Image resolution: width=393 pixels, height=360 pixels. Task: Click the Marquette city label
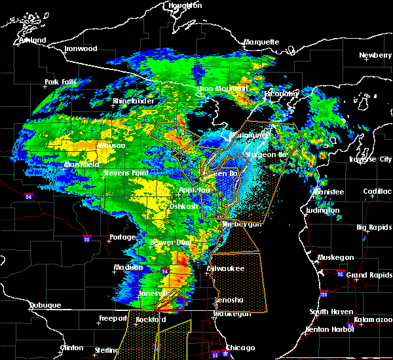click(261, 43)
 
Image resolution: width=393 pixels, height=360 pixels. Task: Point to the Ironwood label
click(81, 49)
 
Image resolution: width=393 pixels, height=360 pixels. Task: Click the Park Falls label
click(60, 82)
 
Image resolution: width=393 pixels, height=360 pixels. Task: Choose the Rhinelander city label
click(133, 101)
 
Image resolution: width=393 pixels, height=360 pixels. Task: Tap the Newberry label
click(375, 56)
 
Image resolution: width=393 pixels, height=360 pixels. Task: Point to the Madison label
click(128, 268)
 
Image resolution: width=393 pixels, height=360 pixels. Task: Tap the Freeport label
click(113, 319)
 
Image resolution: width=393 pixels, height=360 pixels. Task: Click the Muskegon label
click(337, 258)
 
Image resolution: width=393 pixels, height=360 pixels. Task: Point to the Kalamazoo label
click(372, 319)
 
